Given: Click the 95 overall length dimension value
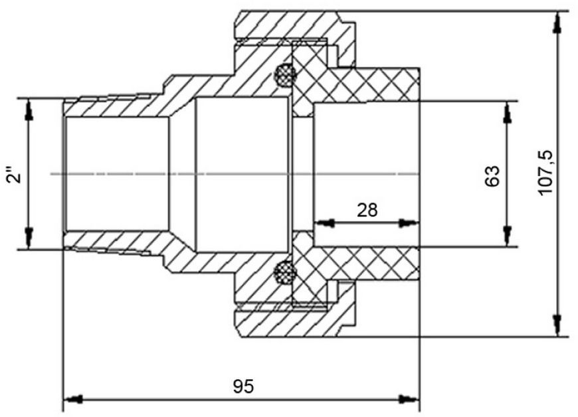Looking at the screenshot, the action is (x=243, y=386).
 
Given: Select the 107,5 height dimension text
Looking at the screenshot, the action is (x=545, y=173).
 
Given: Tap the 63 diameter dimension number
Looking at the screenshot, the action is (x=492, y=176).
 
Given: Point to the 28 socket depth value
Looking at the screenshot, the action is (x=367, y=210).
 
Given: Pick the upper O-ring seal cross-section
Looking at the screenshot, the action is (x=285, y=75).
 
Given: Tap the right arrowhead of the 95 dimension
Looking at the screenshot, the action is (x=409, y=399).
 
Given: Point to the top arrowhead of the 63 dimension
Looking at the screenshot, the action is (x=508, y=112).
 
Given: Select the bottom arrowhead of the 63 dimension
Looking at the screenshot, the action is (x=508, y=236).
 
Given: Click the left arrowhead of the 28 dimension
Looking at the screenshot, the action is (x=324, y=223).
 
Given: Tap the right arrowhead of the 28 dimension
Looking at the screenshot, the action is (x=409, y=223).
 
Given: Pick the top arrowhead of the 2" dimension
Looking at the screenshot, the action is (x=29, y=110).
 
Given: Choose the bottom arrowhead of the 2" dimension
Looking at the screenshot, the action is (x=29, y=238).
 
